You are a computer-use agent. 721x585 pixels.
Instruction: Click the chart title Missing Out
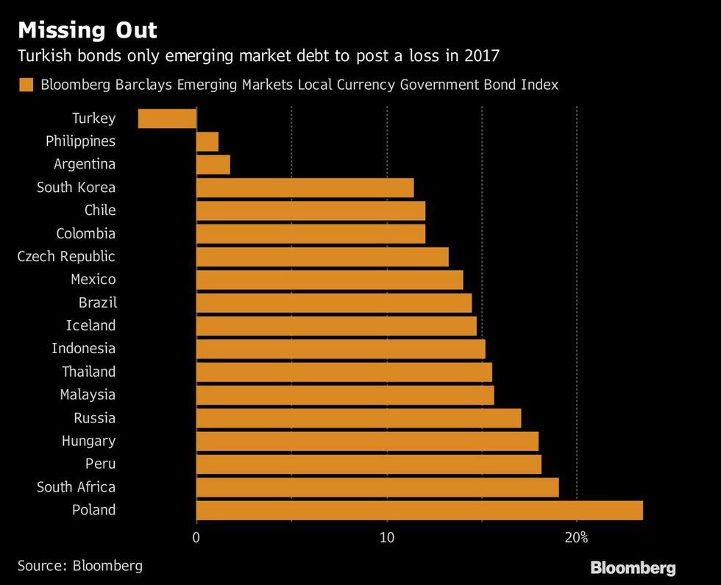pos(88,31)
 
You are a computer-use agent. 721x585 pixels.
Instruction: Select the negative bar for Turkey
pos(168,118)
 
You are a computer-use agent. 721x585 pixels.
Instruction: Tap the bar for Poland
pos(419,510)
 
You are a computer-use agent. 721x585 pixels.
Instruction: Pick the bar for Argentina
pos(213,164)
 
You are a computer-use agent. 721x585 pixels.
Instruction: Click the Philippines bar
pos(207,141)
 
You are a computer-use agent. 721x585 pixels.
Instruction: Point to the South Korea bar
pos(305,188)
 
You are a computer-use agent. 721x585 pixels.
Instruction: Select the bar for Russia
pos(358,418)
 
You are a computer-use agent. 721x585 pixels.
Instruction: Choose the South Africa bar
pos(377,487)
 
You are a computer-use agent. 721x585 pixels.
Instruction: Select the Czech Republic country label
pos(67,256)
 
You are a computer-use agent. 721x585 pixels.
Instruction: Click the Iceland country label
pos(90,325)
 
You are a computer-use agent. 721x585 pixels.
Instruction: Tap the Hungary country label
pos(88,441)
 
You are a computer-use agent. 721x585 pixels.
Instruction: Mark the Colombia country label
pos(86,233)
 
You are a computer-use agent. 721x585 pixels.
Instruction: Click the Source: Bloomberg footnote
pos(80,565)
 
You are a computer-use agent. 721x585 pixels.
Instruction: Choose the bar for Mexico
pos(330,280)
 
